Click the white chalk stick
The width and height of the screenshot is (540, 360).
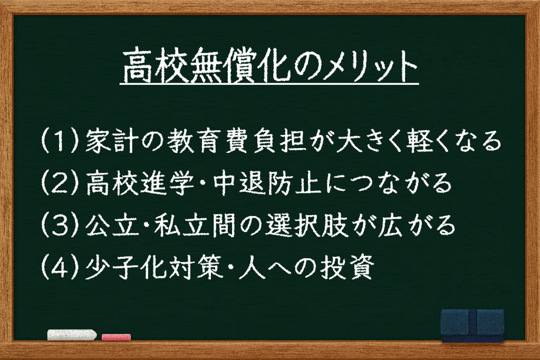coord(72,335)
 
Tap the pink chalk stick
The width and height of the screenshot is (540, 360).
coord(117,337)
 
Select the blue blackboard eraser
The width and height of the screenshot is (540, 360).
coord(472,326)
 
